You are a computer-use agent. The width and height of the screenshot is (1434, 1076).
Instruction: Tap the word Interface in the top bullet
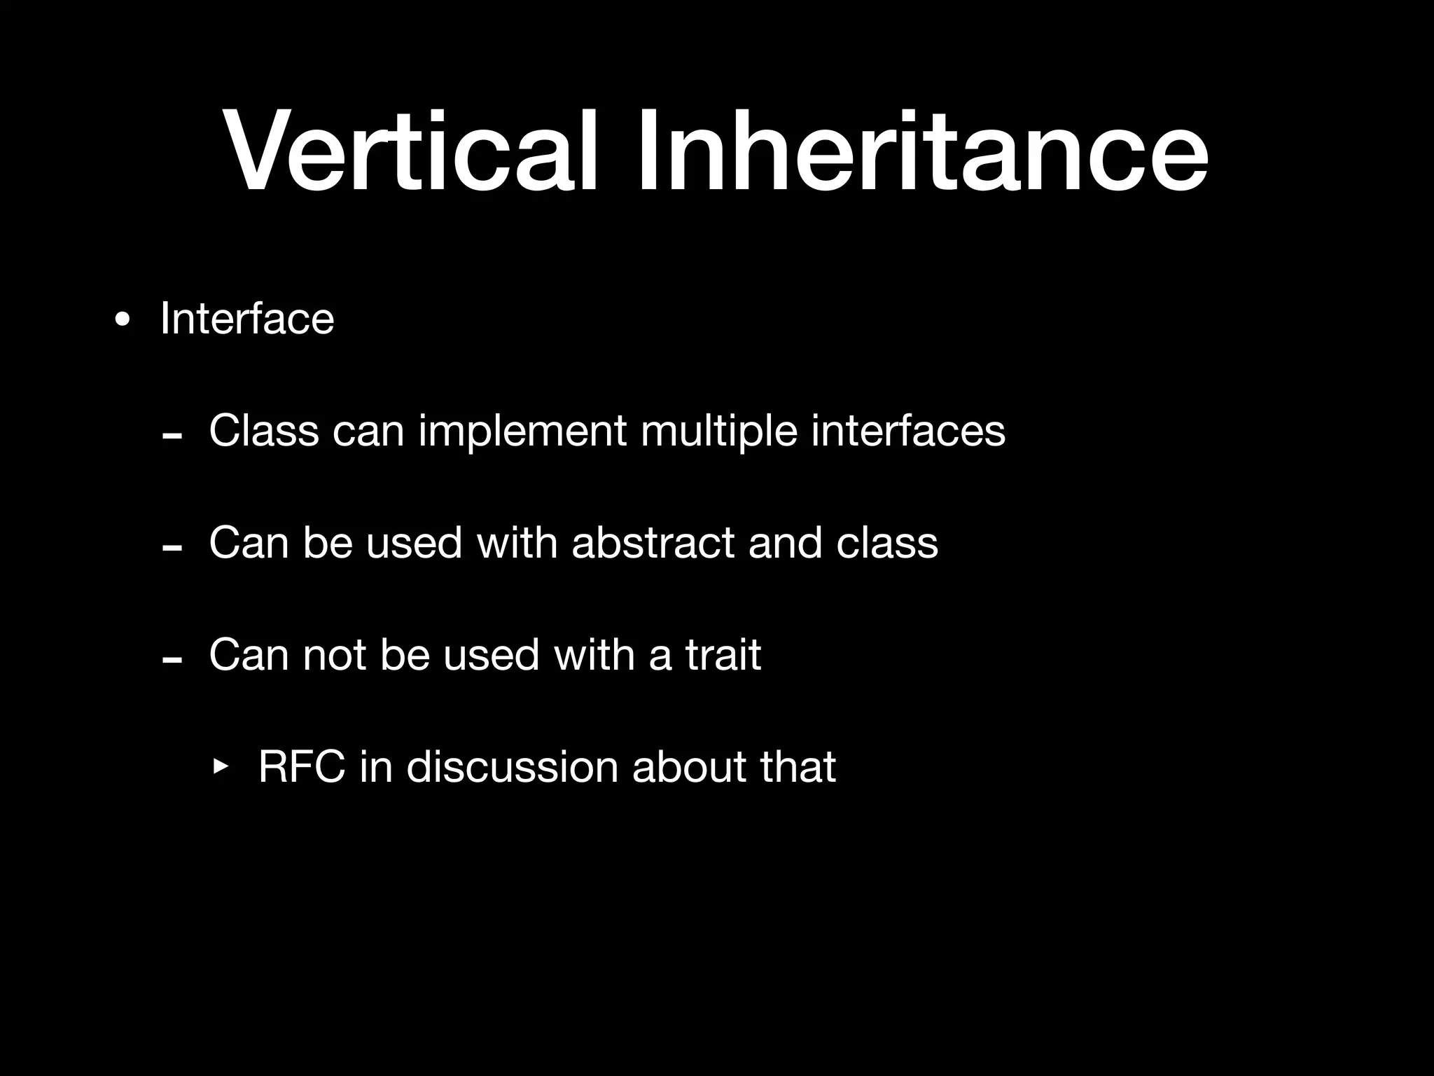[x=247, y=319]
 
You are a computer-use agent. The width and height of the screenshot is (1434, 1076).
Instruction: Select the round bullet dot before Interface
[x=123, y=321]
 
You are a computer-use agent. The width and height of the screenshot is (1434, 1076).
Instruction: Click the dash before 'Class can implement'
[x=172, y=436]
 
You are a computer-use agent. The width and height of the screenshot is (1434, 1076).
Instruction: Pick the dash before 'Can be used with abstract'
[x=172, y=549]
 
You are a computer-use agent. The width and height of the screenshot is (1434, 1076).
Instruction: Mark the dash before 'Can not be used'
[x=172, y=661]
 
